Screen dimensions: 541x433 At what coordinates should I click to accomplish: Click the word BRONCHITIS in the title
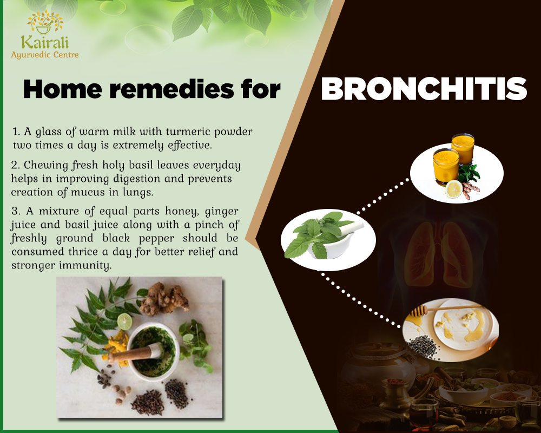pos(424,89)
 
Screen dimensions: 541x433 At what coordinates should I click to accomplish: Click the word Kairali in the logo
pos(44,42)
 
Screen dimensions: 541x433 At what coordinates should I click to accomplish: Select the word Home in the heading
pos(62,89)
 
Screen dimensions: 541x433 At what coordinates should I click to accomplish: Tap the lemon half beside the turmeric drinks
pos(453,189)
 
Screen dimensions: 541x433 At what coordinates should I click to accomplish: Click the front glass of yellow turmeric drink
pos(446,167)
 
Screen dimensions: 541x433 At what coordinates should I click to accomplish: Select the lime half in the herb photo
pos(124,322)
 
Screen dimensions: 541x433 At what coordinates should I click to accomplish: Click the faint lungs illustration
pos(438,254)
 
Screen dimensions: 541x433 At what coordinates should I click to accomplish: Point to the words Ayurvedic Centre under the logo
pos(45,55)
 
